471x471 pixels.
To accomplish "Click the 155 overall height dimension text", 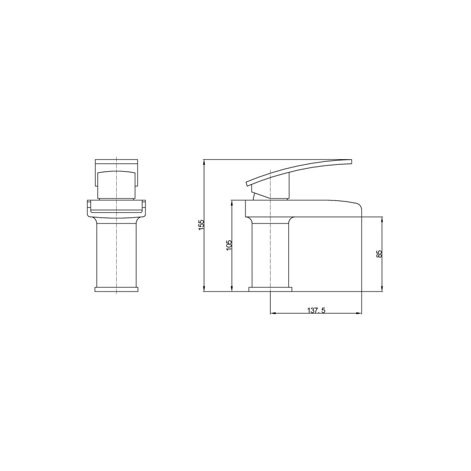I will tap(201, 224).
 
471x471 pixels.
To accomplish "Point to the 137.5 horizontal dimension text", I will tap(316, 310).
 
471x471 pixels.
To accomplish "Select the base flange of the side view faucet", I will tap(270, 289).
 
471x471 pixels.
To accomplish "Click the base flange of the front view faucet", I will tap(116, 289).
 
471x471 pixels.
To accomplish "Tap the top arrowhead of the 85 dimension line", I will tap(383, 219).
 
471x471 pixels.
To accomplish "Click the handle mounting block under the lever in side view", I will tap(272, 191).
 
